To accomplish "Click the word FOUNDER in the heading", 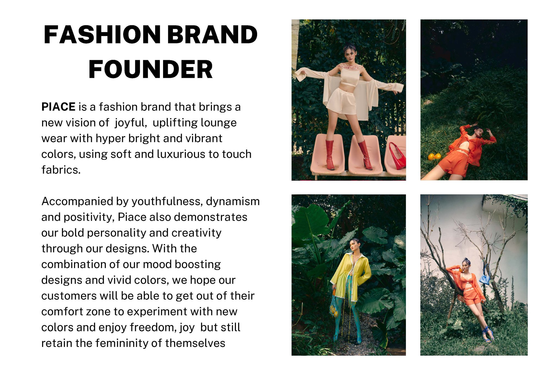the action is (x=150, y=69).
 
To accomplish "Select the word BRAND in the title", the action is (x=212, y=35).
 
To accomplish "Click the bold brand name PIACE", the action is (x=58, y=107).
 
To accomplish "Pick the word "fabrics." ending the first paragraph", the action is (x=61, y=170).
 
